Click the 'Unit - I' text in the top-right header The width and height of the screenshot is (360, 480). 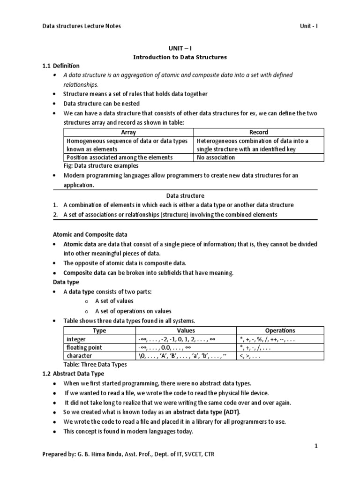coord(309,26)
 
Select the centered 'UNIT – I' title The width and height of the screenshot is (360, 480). coord(180,48)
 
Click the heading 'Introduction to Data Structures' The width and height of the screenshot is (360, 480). coord(180,57)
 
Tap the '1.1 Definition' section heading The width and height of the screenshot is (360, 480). coord(61,66)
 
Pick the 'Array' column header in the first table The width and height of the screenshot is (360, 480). coord(128,132)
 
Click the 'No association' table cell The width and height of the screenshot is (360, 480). coord(216,157)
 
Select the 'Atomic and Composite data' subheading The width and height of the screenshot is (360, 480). coord(89,234)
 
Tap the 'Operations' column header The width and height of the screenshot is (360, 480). coord(280,330)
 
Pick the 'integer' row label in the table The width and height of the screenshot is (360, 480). coord(76,339)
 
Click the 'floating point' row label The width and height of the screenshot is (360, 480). coord(84,347)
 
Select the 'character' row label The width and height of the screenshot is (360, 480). coord(79,356)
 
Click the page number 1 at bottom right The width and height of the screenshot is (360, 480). coord(316,447)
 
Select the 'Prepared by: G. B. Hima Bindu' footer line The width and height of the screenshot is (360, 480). coord(129,455)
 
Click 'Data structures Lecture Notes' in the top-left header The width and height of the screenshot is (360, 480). coord(82,26)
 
